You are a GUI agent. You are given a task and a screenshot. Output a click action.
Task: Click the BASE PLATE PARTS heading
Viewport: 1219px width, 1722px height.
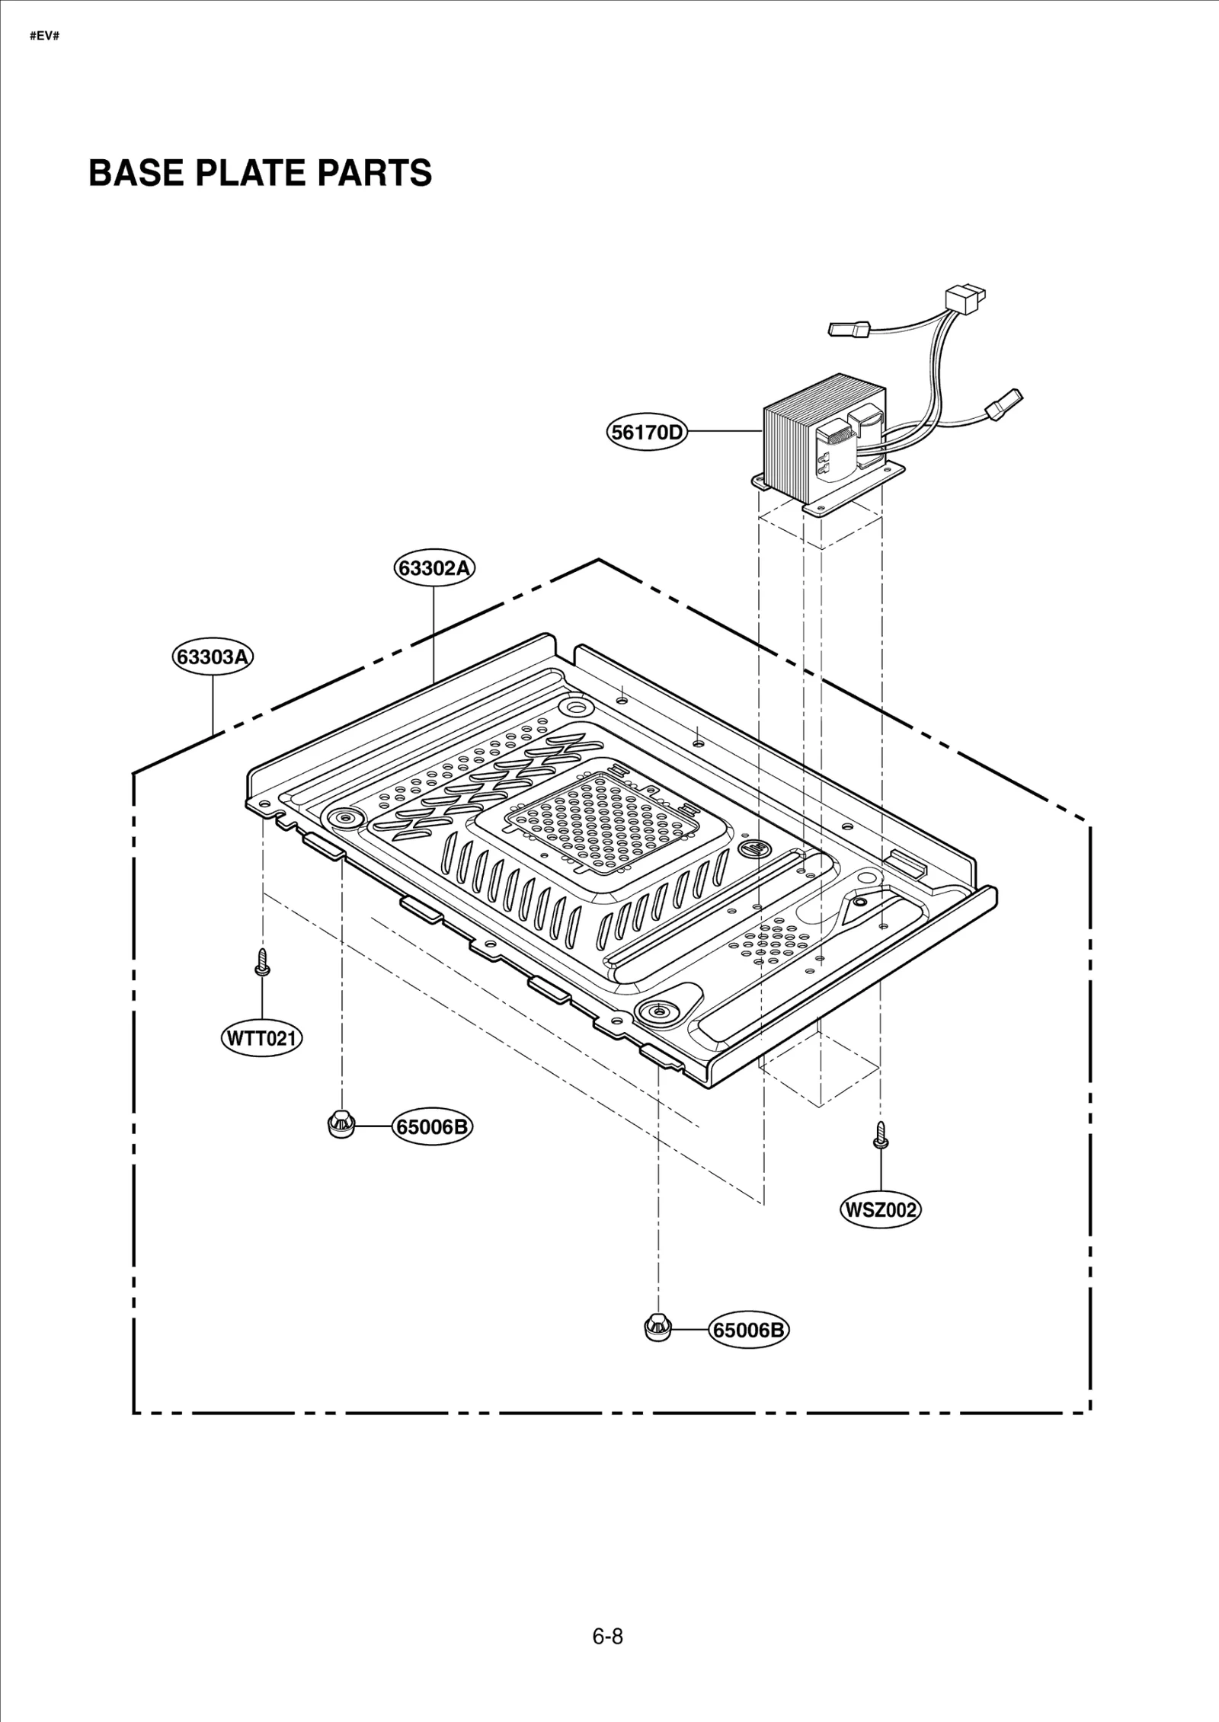[260, 174]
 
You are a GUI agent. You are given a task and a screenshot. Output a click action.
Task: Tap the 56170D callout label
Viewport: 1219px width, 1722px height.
[647, 433]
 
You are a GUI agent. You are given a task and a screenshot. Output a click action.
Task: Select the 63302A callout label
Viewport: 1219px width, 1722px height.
[434, 568]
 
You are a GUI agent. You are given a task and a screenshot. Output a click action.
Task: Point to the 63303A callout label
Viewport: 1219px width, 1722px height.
[213, 657]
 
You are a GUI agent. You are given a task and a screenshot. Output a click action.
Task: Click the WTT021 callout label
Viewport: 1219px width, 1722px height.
[261, 1038]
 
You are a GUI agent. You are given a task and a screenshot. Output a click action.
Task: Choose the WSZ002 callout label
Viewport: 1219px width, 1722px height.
[880, 1210]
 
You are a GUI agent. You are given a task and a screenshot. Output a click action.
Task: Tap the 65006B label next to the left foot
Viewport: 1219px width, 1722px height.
[432, 1126]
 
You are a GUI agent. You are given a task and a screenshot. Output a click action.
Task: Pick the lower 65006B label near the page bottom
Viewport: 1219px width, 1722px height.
[748, 1331]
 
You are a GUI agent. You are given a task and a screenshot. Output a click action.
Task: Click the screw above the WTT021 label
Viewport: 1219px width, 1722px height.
[262, 962]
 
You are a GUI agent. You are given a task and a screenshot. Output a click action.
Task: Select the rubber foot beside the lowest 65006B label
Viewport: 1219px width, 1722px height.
[657, 1328]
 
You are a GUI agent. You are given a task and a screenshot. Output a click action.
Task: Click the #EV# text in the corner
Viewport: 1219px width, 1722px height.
[44, 37]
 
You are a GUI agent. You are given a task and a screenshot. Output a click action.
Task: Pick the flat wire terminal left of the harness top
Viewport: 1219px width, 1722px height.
[849, 329]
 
